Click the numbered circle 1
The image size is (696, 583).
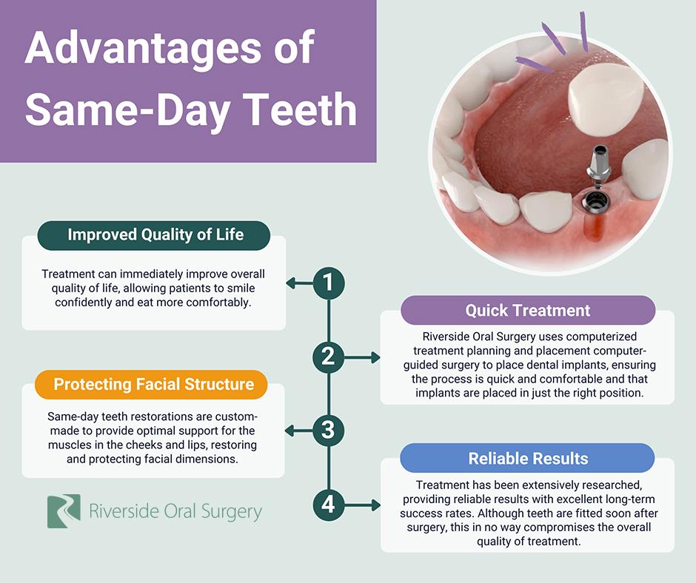coord(329,283)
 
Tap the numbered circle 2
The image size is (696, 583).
coord(329,357)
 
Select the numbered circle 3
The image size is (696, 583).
coord(329,431)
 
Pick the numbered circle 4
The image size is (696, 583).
coord(329,505)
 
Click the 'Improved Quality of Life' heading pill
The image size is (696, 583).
coord(154,235)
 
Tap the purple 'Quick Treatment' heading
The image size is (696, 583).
coord(528,310)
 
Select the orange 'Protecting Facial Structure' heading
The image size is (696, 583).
coord(151,384)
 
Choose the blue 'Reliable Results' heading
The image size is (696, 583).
coord(527,458)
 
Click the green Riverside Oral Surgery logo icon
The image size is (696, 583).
coord(64,511)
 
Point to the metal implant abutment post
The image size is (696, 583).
coord(598,166)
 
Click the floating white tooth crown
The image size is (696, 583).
coord(606,99)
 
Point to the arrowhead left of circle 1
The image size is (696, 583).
coord(291,283)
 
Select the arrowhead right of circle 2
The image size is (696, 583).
coord(375,357)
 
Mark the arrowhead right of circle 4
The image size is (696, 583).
coord(375,505)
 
